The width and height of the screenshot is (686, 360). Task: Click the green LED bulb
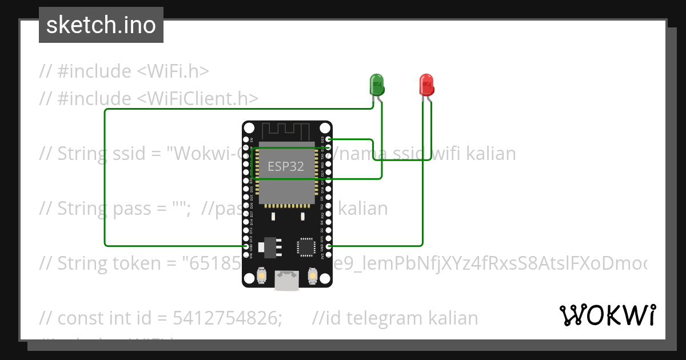click(x=376, y=85)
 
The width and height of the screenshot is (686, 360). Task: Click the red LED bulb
click(x=426, y=85)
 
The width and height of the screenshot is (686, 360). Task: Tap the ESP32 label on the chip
click(x=286, y=166)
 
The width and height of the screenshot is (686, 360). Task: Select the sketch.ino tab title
click(x=101, y=25)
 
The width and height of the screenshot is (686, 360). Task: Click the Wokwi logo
click(x=607, y=315)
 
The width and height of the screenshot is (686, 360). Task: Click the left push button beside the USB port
click(x=261, y=275)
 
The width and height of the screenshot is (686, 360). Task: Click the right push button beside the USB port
click(x=312, y=275)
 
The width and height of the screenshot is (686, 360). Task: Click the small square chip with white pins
click(x=304, y=247)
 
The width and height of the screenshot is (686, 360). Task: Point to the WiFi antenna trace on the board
click(x=286, y=131)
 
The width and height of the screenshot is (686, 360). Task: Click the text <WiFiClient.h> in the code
click(x=198, y=99)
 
